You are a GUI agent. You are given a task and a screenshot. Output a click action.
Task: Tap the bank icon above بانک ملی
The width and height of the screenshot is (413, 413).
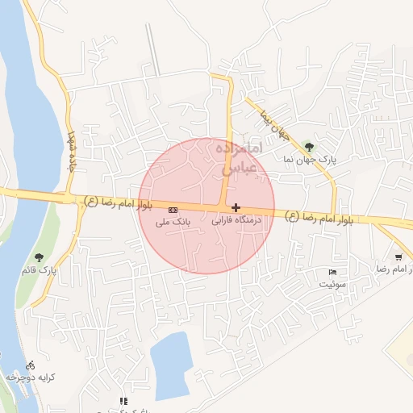coord(171,209)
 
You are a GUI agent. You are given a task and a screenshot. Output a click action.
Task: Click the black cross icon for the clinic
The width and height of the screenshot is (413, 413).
coord(236,207)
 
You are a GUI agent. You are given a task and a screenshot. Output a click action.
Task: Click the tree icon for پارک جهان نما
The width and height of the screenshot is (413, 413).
coord(309,147)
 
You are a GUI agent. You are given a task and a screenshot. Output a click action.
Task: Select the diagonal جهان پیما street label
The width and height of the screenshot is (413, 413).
coord(273,124)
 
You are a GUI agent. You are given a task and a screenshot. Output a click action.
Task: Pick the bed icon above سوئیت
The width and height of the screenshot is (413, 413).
coord(332,273)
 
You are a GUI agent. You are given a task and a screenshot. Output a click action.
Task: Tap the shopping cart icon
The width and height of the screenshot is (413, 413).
coord(398,257)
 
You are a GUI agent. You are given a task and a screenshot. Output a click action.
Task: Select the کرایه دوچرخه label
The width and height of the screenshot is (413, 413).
coord(25,377)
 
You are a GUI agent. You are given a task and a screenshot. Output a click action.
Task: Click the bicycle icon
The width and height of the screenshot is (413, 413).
coord(30,365)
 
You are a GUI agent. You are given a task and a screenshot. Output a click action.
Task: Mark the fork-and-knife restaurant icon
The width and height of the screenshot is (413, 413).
coord(123,401)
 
